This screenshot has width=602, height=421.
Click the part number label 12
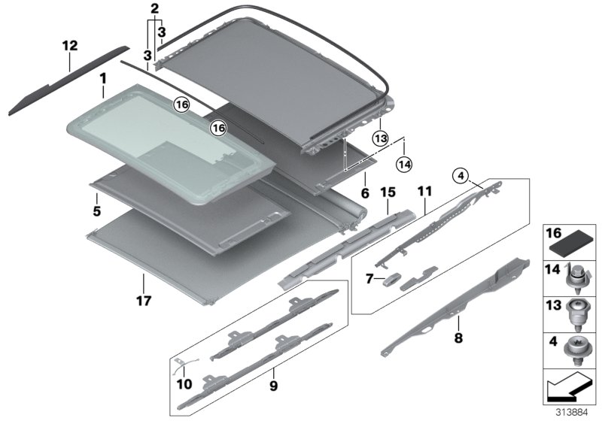[x=69, y=47]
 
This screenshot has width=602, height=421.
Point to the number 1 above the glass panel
[x=102, y=77]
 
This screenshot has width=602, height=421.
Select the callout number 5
[x=97, y=211]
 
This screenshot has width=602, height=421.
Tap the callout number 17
[x=144, y=301]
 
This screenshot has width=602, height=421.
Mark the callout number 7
[x=369, y=280]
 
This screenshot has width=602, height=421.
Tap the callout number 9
[x=273, y=387]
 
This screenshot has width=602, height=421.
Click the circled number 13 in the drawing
[x=380, y=138]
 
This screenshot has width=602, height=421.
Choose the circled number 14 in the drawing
[x=404, y=162]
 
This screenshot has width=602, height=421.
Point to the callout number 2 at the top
[x=155, y=9]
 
